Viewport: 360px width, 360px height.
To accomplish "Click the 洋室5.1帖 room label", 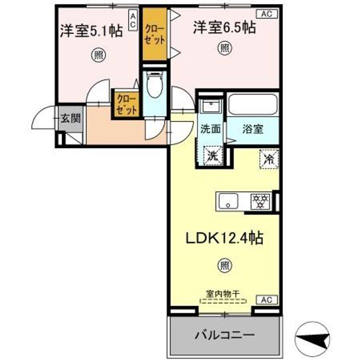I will (x=91, y=31).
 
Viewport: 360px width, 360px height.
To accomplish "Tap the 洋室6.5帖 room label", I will (x=224, y=27).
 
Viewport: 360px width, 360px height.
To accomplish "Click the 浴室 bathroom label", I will (x=253, y=128).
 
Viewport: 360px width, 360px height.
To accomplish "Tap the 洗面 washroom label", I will (x=210, y=128).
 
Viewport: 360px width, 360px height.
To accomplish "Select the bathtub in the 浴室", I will (x=252, y=105).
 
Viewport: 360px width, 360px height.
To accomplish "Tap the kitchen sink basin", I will (x=231, y=201).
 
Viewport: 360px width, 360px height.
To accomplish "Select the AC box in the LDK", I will (x=265, y=300).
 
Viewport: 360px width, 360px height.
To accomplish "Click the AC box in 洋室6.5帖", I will (x=265, y=14).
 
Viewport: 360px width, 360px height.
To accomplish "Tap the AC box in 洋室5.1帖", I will (x=133, y=20).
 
